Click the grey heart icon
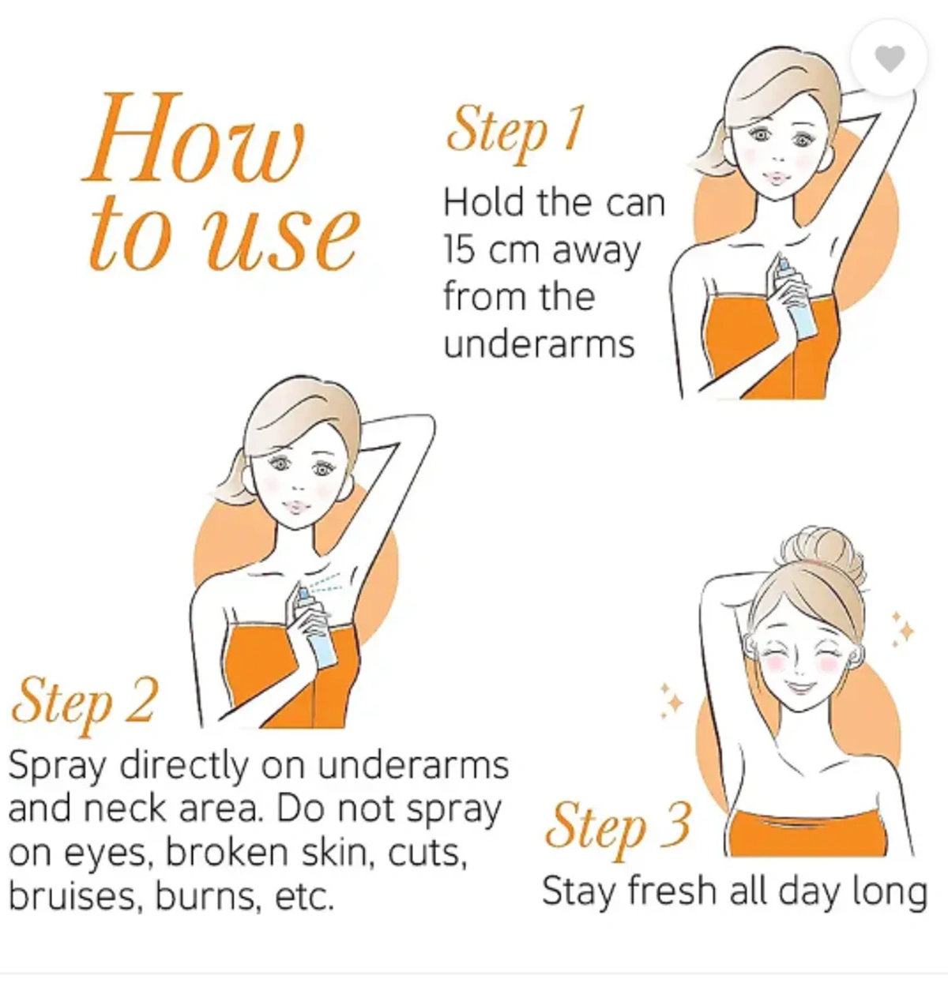coord(890,59)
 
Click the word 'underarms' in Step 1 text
coord(539,344)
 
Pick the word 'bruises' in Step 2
coord(72,897)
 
